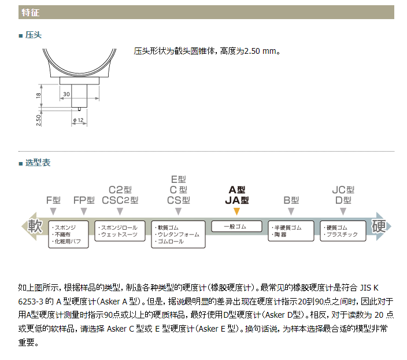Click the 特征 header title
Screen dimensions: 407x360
tap(31, 12)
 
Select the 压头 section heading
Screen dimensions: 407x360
tap(33, 35)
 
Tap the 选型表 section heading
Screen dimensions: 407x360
tap(38, 163)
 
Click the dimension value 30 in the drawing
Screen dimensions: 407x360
tap(66, 94)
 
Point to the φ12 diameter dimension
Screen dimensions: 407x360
tap(78, 120)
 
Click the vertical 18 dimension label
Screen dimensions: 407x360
tap(38, 95)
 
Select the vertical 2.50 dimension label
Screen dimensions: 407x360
tap(38, 120)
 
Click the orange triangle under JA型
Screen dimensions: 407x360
tap(236, 211)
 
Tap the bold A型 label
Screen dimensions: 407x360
tap(236, 190)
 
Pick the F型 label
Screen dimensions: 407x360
tap(53, 200)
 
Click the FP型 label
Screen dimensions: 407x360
tap(84, 200)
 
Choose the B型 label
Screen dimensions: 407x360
tap(291, 200)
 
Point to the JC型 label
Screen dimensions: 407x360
tap(343, 190)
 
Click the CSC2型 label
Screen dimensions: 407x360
tap(120, 200)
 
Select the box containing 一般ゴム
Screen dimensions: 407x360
tap(236, 226)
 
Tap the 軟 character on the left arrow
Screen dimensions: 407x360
tap(35, 226)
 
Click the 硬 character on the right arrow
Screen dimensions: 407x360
tap(379, 226)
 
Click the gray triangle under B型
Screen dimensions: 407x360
tap(291, 211)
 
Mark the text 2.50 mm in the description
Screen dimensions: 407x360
tap(260, 51)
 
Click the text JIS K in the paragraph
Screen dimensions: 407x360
tap(369, 288)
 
